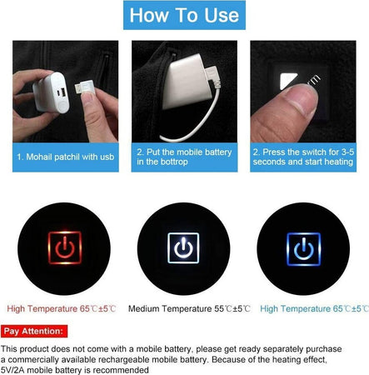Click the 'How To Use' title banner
point(184,15)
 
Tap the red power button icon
point(65,247)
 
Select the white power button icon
point(183,247)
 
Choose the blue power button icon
point(304,249)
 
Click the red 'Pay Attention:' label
point(34,331)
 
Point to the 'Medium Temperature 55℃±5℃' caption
point(189,308)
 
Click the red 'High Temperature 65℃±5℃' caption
point(62,308)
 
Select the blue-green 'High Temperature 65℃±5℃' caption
point(314,308)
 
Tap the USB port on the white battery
point(62,92)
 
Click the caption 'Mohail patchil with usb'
point(66,157)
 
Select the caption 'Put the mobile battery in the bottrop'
point(184,157)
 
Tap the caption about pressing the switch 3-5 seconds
point(303,157)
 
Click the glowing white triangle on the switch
point(288,81)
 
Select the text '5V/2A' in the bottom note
point(13,370)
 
